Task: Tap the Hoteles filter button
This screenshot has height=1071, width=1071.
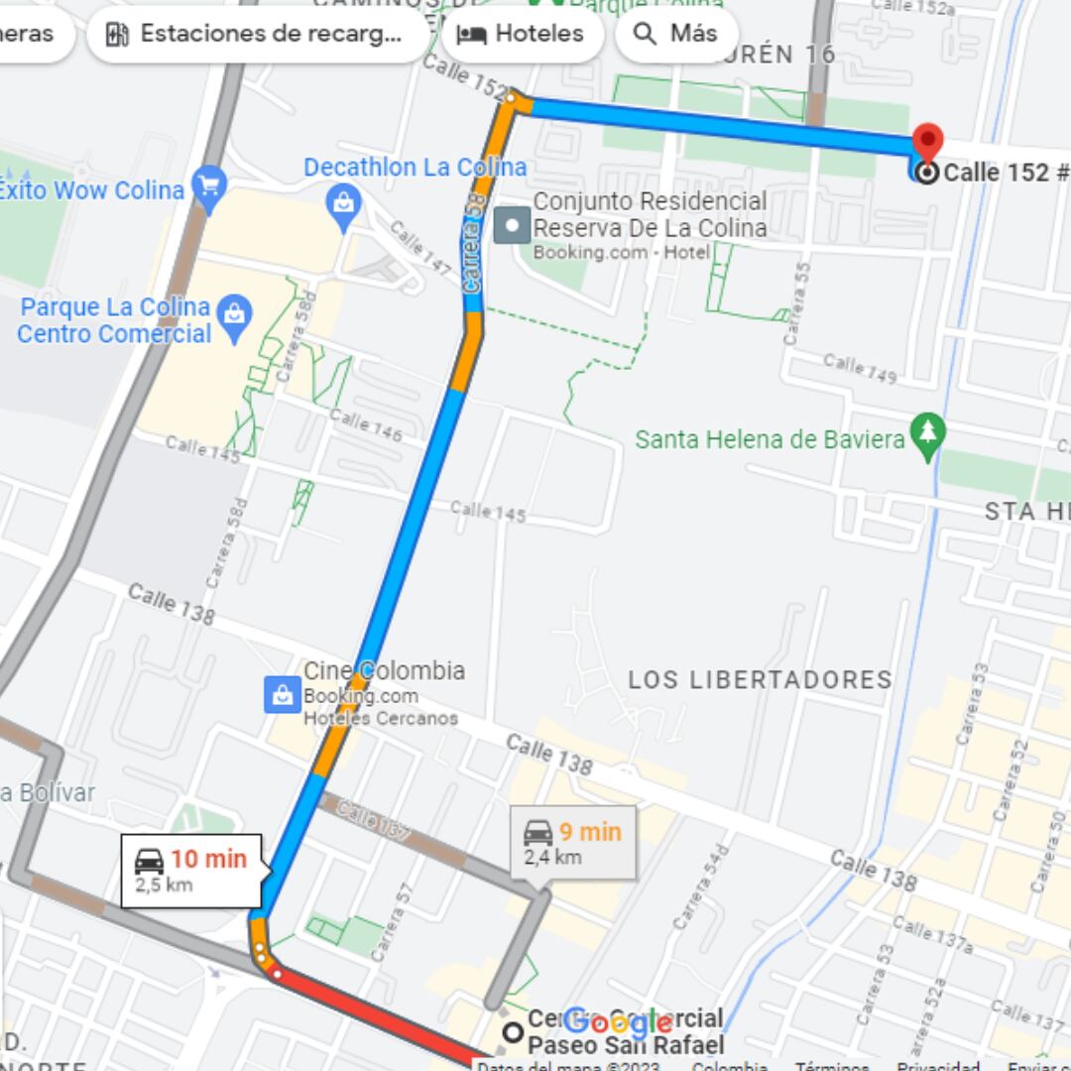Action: coord(522,34)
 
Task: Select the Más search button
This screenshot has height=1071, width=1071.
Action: coord(676,34)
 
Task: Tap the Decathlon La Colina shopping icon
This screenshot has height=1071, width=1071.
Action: coord(343,203)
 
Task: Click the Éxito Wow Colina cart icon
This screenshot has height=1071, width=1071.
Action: coord(208,184)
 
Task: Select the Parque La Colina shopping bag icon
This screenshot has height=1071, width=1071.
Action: coord(235,316)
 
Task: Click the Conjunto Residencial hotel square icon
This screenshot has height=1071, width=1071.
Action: coord(513,225)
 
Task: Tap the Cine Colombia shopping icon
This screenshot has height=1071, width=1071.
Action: coord(283,694)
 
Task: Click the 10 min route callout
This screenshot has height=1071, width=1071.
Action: coord(191,870)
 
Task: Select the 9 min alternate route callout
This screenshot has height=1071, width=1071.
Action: coord(573,842)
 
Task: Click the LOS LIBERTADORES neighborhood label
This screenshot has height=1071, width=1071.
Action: coord(760,680)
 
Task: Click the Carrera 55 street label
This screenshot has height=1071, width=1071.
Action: coord(796,302)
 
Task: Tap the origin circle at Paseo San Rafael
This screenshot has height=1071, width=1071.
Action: coord(513,1032)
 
